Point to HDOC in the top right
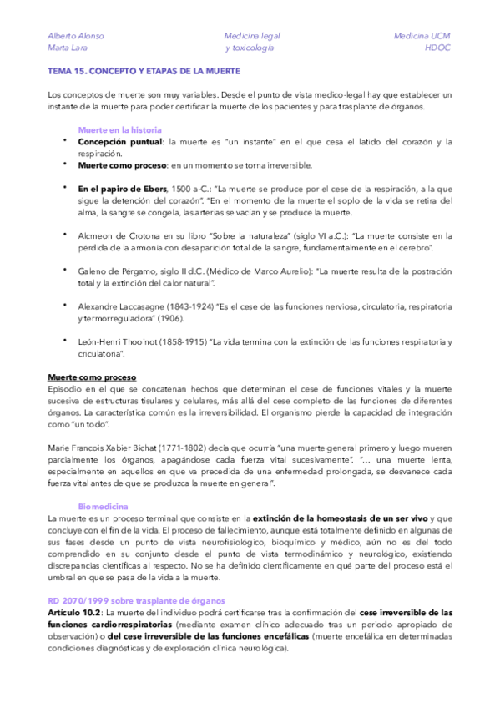(437, 48)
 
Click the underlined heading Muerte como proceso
(92, 377)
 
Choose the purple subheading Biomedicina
(103, 507)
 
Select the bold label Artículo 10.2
(73, 612)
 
